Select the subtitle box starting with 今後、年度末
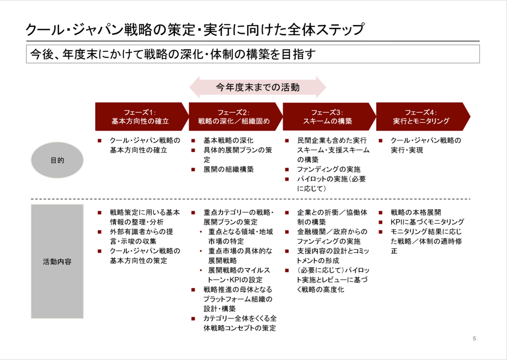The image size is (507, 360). [253, 54]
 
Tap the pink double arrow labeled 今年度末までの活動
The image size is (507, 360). [257, 87]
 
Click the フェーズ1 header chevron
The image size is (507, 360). [140, 117]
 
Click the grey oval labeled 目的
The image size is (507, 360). [57, 160]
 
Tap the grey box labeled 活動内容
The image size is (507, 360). [57, 262]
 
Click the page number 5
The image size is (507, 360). [474, 339]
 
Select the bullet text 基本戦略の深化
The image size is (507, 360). [228, 140]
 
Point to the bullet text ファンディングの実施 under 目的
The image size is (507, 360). [329, 169]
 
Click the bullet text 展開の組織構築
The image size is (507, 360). [228, 169]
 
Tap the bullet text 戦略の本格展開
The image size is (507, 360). [416, 213]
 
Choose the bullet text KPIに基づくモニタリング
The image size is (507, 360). [427, 222]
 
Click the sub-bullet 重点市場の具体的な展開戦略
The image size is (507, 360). [240, 256]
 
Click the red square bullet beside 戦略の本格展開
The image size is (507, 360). [381, 213]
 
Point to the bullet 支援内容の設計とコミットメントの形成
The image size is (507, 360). [333, 256]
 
